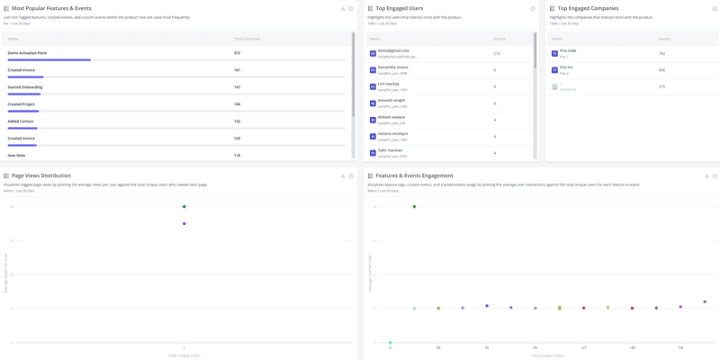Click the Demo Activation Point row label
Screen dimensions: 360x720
[x=27, y=53]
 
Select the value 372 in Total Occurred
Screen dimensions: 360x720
[x=238, y=53]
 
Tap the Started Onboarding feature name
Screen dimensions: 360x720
[x=25, y=87]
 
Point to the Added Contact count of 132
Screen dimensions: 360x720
[x=238, y=121]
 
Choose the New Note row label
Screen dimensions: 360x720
[x=16, y=156]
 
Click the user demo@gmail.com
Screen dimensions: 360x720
[x=393, y=50]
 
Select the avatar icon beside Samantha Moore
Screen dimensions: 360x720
[x=373, y=70]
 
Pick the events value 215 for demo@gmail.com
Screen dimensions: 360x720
[x=497, y=53]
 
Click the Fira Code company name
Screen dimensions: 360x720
[x=568, y=50]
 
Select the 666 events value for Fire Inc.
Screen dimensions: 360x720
[x=661, y=70]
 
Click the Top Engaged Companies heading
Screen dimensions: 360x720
[x=588, y=8]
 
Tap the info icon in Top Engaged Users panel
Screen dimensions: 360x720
[x=533, y=9]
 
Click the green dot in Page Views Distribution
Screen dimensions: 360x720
[x=184, y=207]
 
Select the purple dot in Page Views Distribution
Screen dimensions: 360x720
[x=184, y=224]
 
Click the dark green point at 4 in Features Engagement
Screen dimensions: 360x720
[x=415, y=207]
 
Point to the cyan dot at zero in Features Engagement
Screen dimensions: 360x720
[x=391, y=343]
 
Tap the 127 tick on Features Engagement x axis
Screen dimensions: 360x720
[x=584, y=347]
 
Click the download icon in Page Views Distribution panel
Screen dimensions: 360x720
[x=343, y=176]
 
